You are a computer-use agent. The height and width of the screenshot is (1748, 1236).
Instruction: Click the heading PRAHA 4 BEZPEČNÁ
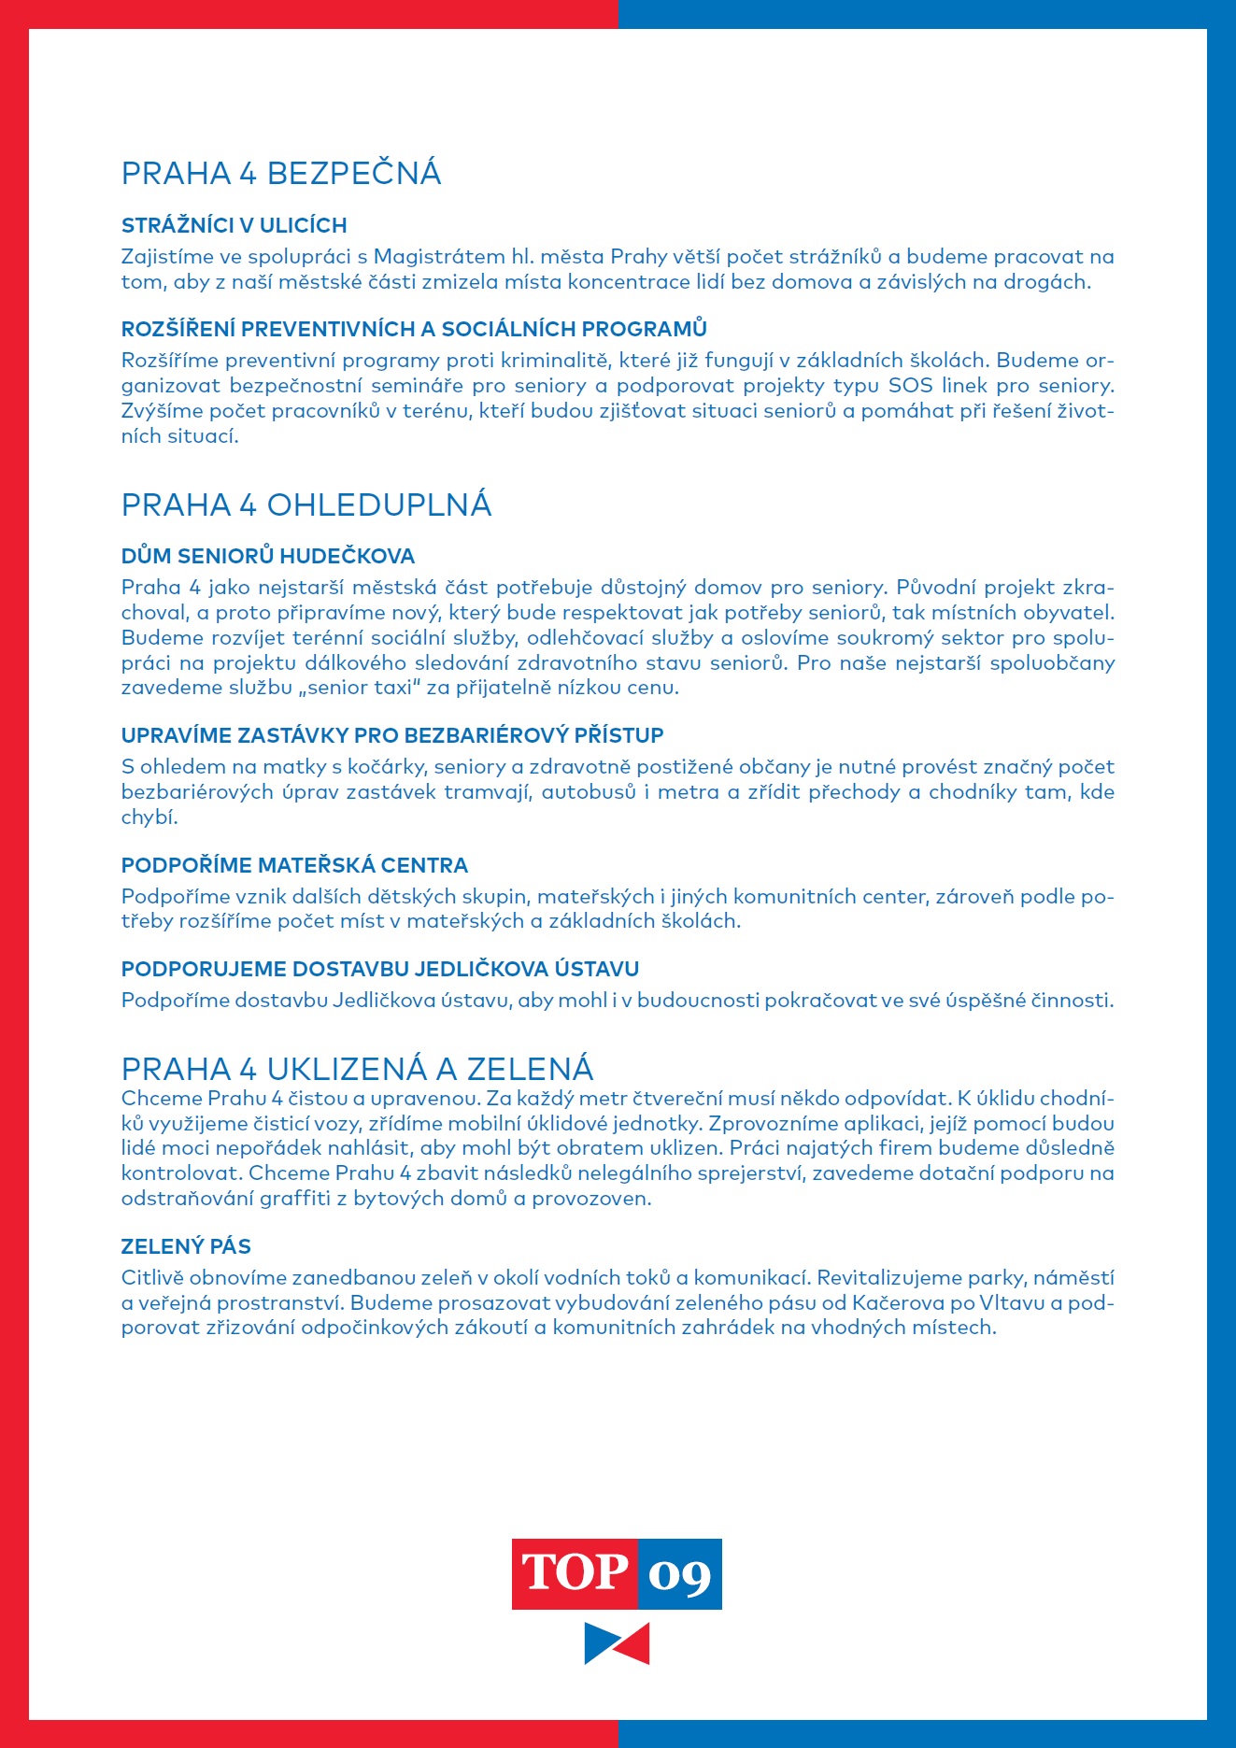pyautogui.click(x=281, y=174)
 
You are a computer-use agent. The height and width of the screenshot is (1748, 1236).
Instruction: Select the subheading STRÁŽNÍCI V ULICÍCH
pyautogui.click(x=234, y=225)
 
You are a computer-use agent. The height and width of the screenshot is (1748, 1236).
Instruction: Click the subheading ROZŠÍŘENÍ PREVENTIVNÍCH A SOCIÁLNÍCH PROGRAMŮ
pyautogui.click(x=414, y=329)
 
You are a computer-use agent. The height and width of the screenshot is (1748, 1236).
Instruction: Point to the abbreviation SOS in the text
pyautogui.click(x=910, y=386)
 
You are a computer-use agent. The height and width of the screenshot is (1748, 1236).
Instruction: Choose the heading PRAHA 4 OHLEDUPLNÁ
pyautogui.click(x=306, y=505)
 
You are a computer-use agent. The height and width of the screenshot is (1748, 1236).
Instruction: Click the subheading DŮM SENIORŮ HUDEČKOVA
pyautogui.click(x=268, y=557)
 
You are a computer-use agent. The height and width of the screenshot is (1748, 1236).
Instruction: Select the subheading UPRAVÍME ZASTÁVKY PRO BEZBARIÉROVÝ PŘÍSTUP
pyautogui.click(x=392, y=735)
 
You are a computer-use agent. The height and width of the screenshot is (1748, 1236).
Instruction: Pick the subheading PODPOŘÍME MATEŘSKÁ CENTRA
pyautogui.click(x=294, y=865)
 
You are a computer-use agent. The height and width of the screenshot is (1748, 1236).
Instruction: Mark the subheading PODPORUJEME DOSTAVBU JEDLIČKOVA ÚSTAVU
pyautogui.click(x=380, y=969)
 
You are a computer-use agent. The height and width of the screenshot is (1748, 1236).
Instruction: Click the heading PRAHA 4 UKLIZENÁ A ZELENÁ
pyautogui.click(x=357, y=1069)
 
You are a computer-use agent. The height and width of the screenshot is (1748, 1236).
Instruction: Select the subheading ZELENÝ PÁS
pyautogui.click(x=186, y=1246)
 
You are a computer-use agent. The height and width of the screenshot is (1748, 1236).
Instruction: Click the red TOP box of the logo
pyautogui.click(x=575, y=1573)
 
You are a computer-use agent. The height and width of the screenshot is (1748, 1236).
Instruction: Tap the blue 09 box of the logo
pyautogui.click(x=680, y=1573)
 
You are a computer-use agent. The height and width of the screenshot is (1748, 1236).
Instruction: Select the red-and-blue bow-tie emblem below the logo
pyautogui.click(x=617, y=1643)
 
